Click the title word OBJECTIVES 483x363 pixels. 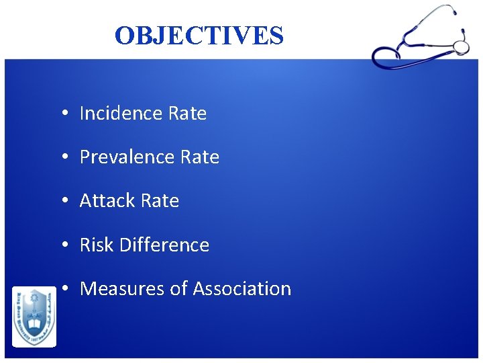[x=199, y=36]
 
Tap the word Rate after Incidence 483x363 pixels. [x=187, y=114]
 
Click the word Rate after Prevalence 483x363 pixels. [x=200, y=157]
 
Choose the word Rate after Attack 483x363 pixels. [x=160, y=201]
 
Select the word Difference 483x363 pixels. [x=164, y=245]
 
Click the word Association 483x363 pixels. [x=242, y=289]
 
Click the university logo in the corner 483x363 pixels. [x=34, y=317]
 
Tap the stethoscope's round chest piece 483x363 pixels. [x=461, y=46]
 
